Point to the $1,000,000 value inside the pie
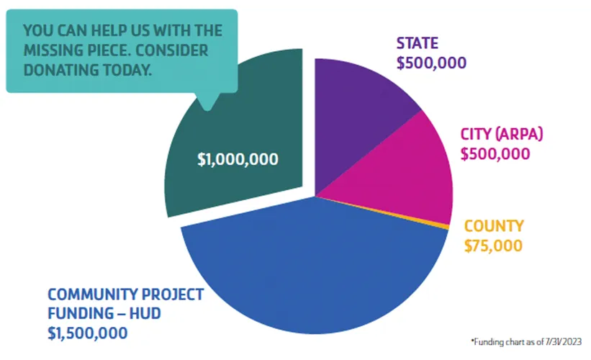[x=238, y=159]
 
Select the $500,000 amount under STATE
[x=431, y=63]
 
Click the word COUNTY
[x=494, y=226]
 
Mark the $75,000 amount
[x=493, y=245]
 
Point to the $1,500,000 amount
[x=88, y=333]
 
